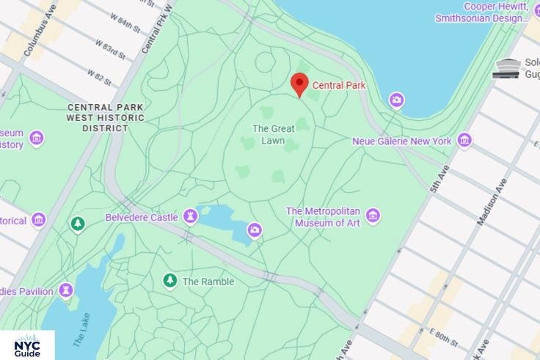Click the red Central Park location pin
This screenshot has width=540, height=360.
299,84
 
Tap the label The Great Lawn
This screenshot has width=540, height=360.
273,134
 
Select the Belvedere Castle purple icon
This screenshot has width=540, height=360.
190,216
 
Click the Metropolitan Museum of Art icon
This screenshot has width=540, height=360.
373,216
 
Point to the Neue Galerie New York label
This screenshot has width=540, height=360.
401,141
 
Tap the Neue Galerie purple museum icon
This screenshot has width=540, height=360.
464,140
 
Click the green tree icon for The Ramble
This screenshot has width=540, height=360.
170,281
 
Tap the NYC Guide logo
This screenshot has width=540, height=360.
27,345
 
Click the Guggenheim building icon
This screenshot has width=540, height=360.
507,69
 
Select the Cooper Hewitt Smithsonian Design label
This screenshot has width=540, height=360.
482,12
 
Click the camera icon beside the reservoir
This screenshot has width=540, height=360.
396,100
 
